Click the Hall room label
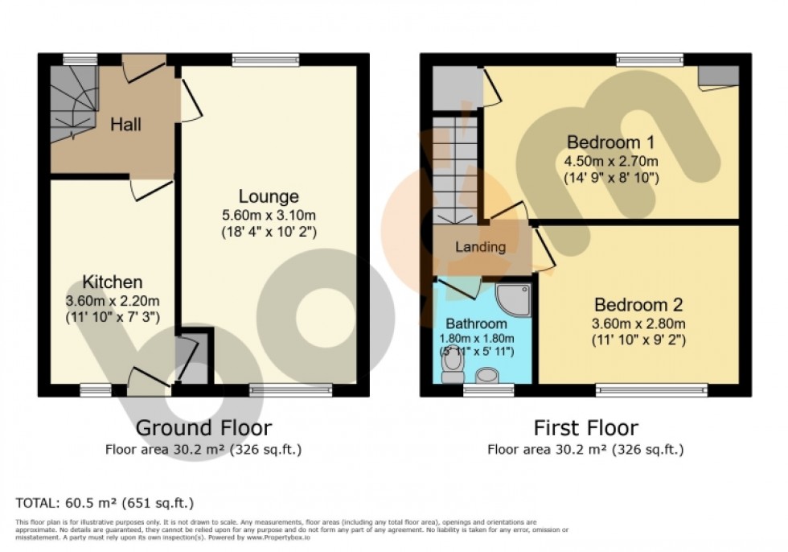(125, 125)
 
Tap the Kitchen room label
(113, 282)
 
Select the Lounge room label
(269, 196)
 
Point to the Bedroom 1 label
(611, 142)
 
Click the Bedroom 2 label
(638, 305)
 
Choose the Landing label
(481, 247)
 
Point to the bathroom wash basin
(487, 375)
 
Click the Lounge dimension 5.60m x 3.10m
(269, 215)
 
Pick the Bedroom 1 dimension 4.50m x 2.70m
(611, 161)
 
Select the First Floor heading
(585, 427)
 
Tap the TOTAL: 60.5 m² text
(105, 504)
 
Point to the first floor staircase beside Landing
(454, 169)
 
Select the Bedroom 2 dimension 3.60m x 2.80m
(638, 323)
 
